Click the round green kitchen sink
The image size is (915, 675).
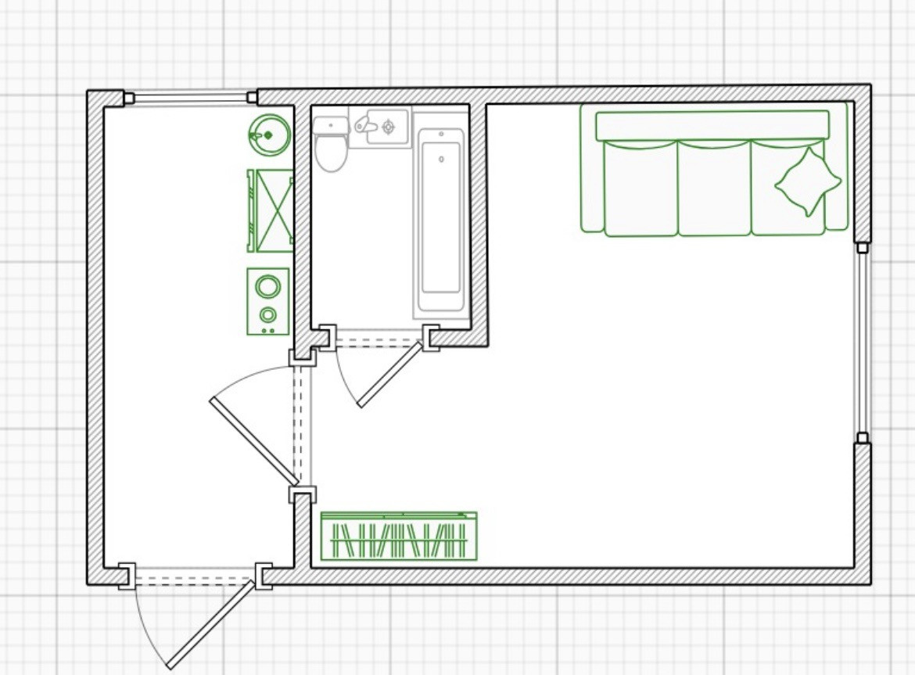pos(268,135)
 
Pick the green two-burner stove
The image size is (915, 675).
pos(267,302)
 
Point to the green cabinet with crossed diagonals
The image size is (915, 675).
pos(271,211)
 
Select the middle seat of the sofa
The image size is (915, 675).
pos(714,188)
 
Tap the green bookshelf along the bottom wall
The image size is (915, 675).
pos(399,537)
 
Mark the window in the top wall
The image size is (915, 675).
pos(191,98)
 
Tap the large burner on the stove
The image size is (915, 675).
pos(267,286)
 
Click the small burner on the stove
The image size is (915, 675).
pos(268,316)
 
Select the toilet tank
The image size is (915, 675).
pos(331,125)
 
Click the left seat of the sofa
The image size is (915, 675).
pos(640,188)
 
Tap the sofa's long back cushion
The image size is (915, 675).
pos(712,125)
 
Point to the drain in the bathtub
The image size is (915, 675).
pos(442,160)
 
